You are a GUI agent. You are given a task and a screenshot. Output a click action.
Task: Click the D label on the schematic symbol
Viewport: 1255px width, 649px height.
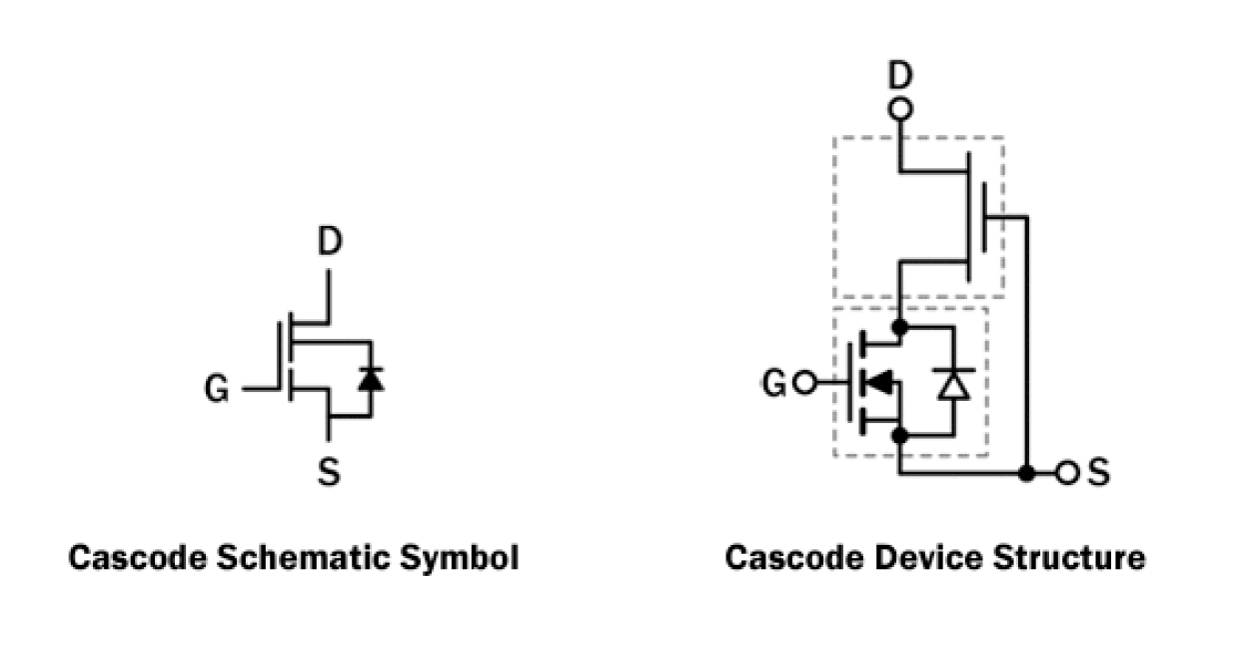(x=330, y=243)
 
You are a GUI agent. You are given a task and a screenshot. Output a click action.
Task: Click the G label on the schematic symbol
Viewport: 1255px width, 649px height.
(x=217, y=389)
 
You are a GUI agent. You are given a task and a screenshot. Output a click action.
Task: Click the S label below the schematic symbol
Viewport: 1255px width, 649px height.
(x=329, y=472)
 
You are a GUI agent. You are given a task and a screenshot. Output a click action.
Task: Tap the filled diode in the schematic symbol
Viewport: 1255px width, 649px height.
(x=371, y=379)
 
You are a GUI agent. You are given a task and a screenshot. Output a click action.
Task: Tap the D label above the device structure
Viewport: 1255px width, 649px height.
(x=901, y=76)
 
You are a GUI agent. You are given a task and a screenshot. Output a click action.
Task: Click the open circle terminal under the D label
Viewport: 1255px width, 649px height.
(x=901, y=108)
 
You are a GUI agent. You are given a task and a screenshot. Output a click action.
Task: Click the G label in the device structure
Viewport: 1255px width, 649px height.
(x=774, y=383)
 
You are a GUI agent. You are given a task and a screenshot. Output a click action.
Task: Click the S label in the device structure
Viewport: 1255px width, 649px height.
(x=1098, y=473)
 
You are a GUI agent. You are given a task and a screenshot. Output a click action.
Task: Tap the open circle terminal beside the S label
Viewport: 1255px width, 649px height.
(x=1067, y=473)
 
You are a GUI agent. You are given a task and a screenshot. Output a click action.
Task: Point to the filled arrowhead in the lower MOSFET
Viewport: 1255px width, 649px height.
(x=880, y=382)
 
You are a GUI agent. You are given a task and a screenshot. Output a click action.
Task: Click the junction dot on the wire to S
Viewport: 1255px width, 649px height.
(x=1026, y=473)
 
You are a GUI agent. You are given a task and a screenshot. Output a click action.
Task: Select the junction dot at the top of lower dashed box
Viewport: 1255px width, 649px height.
(x=900, y=326)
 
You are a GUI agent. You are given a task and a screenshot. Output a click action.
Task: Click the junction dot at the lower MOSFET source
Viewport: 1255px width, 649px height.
(x=900, y=436)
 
